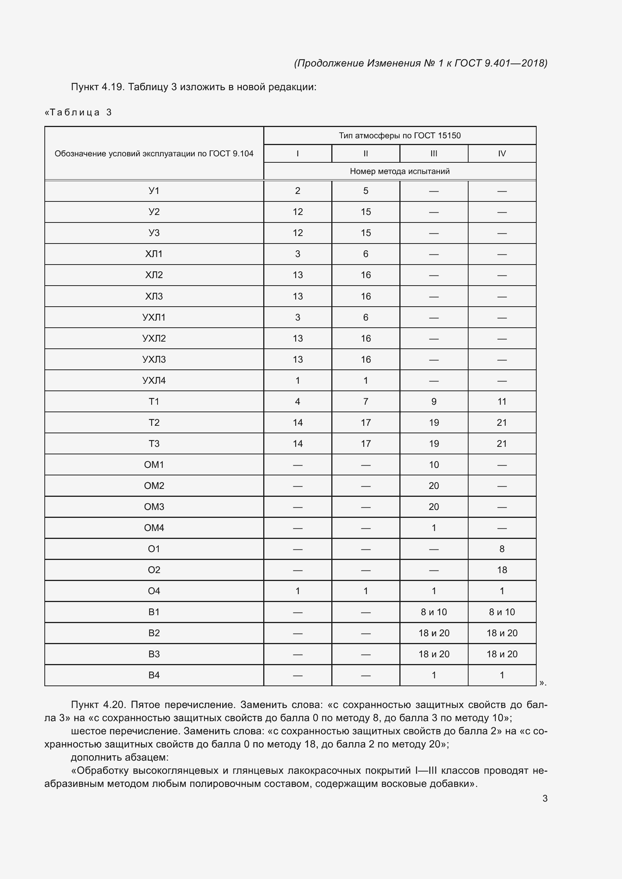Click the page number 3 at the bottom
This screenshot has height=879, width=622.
pyautogui.click(x=545, y=798)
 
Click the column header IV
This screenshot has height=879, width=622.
pyautogui.click(x=502, y=154)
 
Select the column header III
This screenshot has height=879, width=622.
pyautogui.click(x=434, y=154)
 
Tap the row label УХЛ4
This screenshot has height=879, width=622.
pyautogui.click(x=154, y=381)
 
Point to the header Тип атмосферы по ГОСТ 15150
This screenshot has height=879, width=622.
pyautogui.click(x=399, y=136)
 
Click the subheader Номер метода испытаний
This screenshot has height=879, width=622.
pyautogui.click(x=399, y=171)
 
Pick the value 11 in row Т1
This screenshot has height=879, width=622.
pyautogui.click(x=502, y=402)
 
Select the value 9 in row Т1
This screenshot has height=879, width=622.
pyautogui.click(x=434, y=402)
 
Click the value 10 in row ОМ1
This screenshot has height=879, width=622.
pyautogui.click(x=434, y=465)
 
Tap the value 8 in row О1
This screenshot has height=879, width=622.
pyautogui.click(x=502, y=549)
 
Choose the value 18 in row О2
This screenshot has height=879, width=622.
pyautogui.click(x=502, y=570)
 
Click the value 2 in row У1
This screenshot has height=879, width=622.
pyautogui.click(x=297, y=191)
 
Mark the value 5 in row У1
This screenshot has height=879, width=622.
pyautogui.click(x=366, y=191)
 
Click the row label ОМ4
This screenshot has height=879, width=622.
pyautogui.click(x=154, y=528)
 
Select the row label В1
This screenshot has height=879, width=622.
pyautogui.click(x=154, y=612)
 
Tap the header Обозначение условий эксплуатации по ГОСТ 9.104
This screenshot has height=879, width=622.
pyautogui.click(x=154, y=154)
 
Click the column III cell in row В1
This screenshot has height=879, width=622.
pyautogui.click(x=434, y=612)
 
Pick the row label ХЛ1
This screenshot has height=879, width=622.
pyautogui.click(x=154, y=254)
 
